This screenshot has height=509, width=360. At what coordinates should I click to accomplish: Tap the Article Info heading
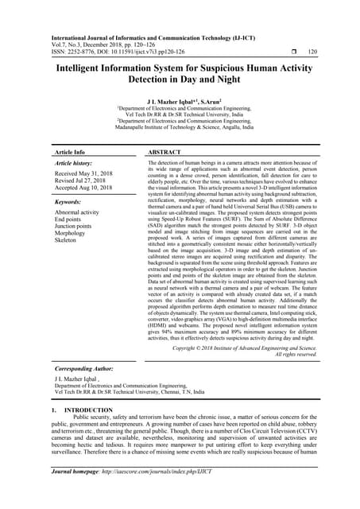(70, 151)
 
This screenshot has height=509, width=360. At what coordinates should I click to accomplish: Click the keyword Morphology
(71, 231)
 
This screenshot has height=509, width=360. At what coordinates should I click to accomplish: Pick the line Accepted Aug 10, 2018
(83, 187)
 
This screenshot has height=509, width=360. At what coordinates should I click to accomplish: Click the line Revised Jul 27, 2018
(80, 180)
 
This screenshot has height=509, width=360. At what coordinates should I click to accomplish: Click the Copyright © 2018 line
(255, 348)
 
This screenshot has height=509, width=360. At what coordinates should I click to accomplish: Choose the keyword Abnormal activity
(77, 213)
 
